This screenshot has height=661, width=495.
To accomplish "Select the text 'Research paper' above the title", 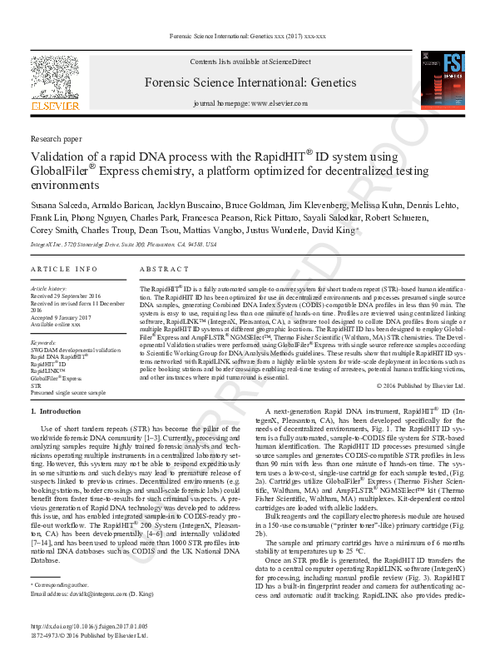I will pos(57,138).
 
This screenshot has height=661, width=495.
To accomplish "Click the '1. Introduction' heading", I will pos(56,412).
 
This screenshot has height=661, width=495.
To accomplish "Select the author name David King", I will pos(336,231).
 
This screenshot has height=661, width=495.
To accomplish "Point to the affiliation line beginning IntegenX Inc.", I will pos(123,245).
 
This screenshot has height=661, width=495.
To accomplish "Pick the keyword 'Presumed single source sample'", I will pos(68,392).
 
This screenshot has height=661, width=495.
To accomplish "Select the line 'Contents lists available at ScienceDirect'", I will pos(250,62).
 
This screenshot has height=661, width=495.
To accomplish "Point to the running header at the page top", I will pos(248,37).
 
